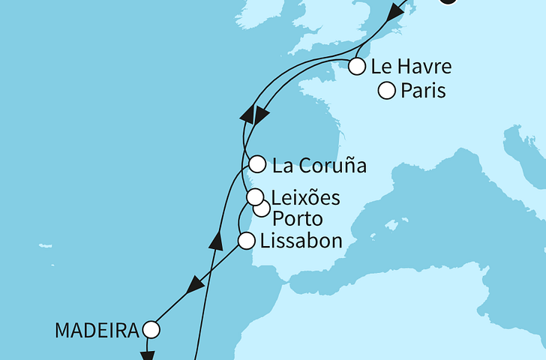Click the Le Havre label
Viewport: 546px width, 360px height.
(411, 67)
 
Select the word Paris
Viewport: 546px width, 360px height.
(424, 91)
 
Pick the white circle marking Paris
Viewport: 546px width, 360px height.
(387, 91)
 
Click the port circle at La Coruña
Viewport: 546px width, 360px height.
(257, 164)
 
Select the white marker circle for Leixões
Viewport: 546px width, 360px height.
(256, 198)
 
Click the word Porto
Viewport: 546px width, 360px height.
(298, 220)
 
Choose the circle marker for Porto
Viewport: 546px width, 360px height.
(261, 208)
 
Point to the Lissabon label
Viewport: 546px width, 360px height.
(301, 241)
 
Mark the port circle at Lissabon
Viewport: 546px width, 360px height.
(245, 241)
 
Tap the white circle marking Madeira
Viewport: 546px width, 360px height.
(151, 329)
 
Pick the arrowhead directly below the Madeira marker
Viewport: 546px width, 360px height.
(148, 354)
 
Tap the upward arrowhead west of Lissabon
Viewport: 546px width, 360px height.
(217, 241)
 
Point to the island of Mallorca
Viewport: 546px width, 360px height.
(390, 224)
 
